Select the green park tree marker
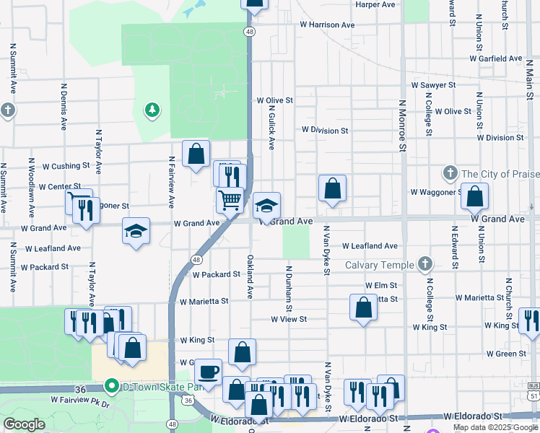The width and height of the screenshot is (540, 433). point(152,110)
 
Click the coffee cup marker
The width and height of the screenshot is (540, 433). point(208,372)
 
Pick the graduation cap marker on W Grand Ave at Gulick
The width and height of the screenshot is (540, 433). point(266,206)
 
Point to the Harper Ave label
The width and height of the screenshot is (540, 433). point(375,4)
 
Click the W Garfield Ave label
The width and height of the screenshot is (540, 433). point(495,58)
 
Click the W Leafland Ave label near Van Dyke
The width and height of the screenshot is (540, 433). point(370,246)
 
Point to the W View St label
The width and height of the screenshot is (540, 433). point(289,319)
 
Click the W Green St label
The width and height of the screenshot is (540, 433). point(506,354)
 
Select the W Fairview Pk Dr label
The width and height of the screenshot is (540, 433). point(80,399)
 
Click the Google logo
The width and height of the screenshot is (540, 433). point(24,424)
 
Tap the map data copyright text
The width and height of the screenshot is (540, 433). point(496,427)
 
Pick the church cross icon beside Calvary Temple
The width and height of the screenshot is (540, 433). point(425,264)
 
